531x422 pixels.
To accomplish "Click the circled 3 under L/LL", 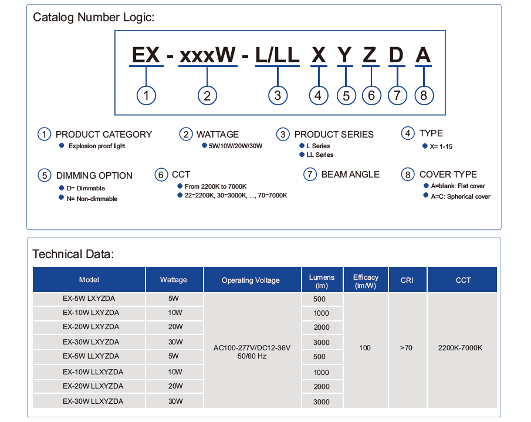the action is pos(278,95).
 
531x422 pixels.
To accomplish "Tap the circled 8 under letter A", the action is pos(424,95).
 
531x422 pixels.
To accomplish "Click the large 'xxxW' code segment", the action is pos(208,55).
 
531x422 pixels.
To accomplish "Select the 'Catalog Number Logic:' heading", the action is pos(93,17).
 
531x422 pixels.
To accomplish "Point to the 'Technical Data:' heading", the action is pos(73,254).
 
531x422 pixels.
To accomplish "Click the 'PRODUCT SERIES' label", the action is pos(334,135).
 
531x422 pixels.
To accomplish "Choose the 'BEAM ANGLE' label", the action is pos(350,175).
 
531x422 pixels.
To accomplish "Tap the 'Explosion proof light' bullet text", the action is pos(96,146).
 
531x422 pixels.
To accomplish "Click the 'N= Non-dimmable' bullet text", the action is pos(92,199).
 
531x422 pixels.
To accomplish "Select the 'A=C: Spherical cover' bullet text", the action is pos(461,196).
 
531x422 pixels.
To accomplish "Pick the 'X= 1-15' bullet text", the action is pos(441,146).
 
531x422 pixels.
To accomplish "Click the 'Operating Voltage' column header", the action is pos(251,280).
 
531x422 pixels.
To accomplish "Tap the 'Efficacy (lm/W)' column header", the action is pos(366,281).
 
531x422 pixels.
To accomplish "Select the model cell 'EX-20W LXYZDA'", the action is pos(91,327).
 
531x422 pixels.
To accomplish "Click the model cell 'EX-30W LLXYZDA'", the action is pos(93,401).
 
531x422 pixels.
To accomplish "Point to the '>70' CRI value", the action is pos(406,348).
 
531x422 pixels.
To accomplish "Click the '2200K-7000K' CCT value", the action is pos(460,348).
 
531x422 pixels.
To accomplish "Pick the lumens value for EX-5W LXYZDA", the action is pos(319,299).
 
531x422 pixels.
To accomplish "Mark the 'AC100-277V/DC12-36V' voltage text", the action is pos(252,348).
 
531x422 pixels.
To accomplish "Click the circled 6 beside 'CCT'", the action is pos(161,175).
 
